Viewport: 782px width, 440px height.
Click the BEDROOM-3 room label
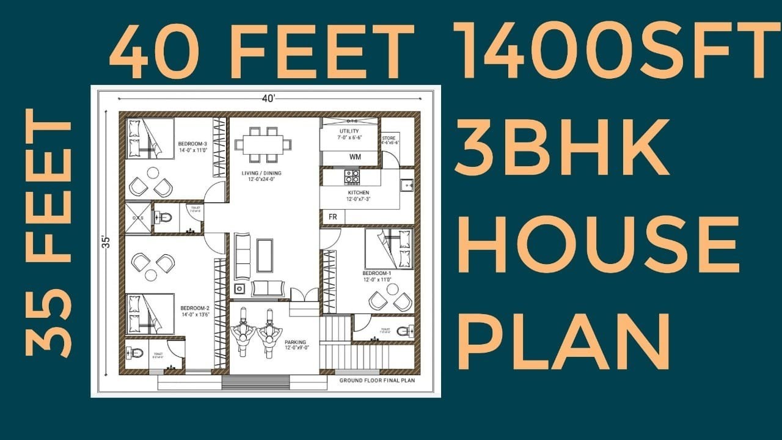click(x=193, y=144)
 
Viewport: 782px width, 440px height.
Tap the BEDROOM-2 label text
click(x=195, y=308)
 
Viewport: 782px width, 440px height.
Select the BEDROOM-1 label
click(x=377, y=273)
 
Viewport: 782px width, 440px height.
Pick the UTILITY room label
click(x=349, y=131)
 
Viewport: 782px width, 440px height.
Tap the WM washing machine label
click(x=355, y=157)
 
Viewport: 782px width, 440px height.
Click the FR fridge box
click(x=333, y=217)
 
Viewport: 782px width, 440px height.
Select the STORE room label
click(x=390, y=139)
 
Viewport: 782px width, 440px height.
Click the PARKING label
click(x=295, y=342)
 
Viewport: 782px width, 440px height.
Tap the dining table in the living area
click(x=263, y=145)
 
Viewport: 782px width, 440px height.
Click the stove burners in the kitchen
click(x=352, y=177)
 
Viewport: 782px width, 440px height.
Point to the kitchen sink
click(x=407, y=184)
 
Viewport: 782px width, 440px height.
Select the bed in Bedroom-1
click(x=389, y=248)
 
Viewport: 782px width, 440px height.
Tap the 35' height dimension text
click(x=106, y=241)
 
